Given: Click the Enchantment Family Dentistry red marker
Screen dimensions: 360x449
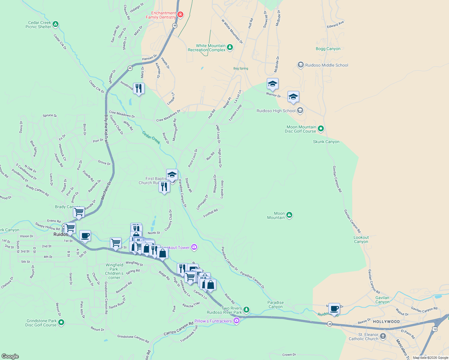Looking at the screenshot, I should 180,14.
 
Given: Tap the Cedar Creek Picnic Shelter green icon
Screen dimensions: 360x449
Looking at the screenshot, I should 56,24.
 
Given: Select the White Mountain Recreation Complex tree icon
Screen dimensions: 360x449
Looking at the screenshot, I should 230,47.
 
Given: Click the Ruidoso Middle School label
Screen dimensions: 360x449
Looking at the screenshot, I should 327,65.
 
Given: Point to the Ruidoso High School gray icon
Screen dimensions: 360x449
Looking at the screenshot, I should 300,111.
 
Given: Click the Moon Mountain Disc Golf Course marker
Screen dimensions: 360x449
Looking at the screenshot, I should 321,129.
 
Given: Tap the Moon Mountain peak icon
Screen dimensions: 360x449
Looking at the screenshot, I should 289,215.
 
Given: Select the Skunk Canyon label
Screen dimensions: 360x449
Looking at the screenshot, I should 326,142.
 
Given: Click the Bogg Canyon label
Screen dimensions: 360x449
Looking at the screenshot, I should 328,49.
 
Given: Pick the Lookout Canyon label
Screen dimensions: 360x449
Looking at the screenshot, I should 361,239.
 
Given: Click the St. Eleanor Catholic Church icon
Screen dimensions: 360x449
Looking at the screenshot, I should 383,336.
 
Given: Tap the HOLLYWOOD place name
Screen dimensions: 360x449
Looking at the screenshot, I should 386,322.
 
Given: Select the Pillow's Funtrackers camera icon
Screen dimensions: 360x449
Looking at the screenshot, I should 237,321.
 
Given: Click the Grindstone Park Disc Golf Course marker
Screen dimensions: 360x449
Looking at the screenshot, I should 61,322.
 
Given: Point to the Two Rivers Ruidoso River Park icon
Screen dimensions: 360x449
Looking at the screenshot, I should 246,309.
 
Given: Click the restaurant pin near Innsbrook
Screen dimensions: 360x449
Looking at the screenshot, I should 138,88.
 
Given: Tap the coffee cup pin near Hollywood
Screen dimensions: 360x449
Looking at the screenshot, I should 334,308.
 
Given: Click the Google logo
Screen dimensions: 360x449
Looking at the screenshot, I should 10,356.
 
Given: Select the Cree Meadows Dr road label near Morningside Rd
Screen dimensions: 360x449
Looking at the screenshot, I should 168,116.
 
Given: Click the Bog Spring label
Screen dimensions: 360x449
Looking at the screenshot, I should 241,68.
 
